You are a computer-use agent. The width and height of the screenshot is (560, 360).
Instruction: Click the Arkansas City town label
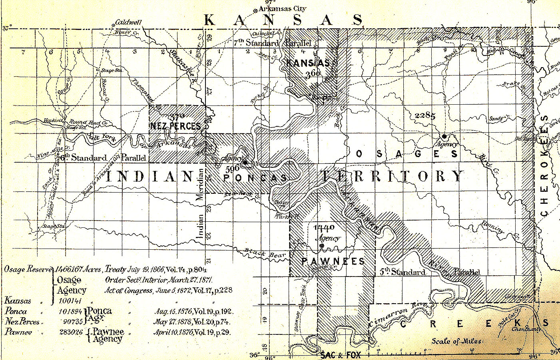[282, 8]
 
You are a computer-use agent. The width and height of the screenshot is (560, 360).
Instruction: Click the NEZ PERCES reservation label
[175, 126]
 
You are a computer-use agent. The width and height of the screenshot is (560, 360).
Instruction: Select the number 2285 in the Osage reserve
[425, 115]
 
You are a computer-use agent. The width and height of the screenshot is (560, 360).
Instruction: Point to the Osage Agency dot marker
[444, 136]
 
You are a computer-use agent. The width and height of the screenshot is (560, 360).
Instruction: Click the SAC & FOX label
[340, 355]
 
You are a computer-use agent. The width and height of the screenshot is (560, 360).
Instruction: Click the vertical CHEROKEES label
[544, 166]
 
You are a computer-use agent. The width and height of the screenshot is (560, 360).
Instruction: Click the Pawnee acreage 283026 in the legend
[70, 332]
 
